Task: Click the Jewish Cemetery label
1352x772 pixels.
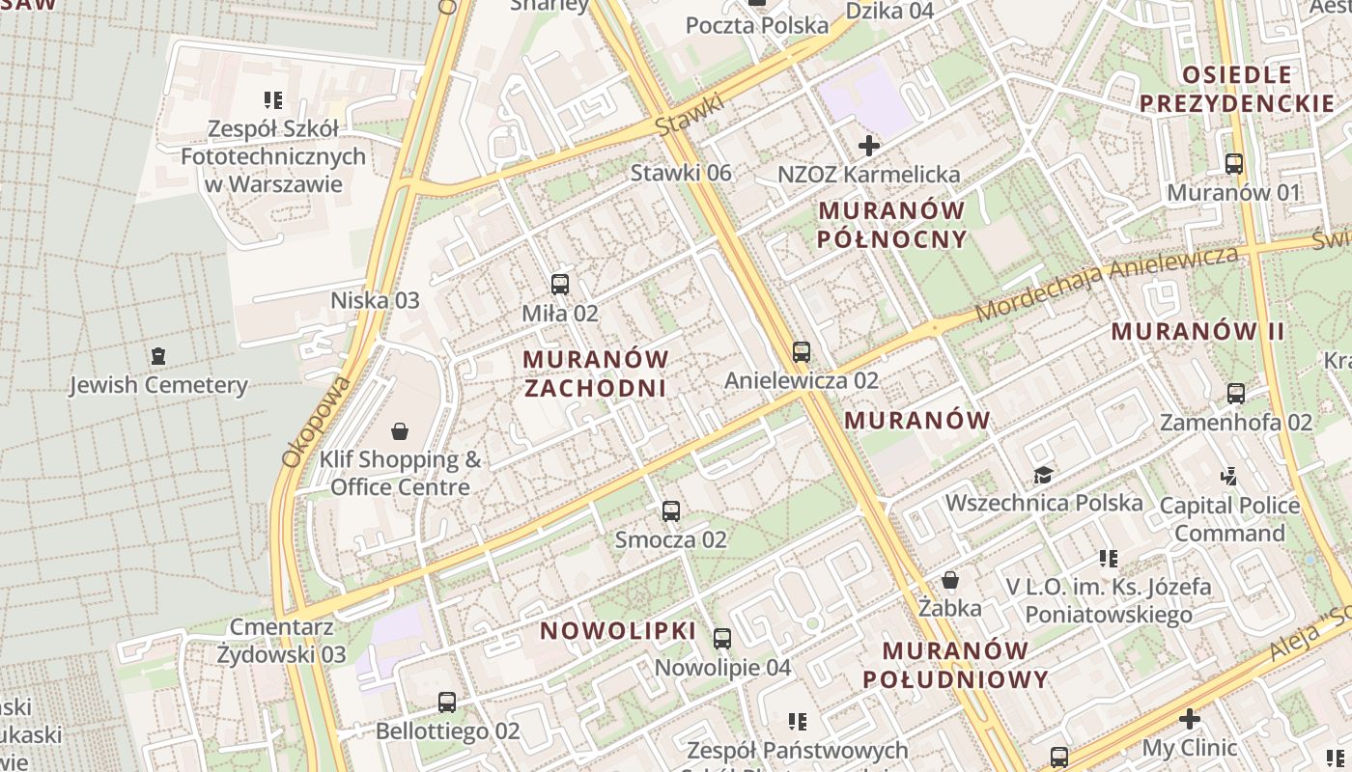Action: point(158,385)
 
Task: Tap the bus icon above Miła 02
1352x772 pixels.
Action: point(560,285)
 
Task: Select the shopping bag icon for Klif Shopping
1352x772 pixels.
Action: point(400,431)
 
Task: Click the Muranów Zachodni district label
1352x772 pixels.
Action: point(595,373)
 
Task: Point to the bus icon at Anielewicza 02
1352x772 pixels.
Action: point(802,352)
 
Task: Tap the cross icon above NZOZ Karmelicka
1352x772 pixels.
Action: point(869,147)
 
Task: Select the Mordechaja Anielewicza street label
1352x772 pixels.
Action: point(1107,284)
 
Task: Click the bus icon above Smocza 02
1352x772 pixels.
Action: point(671,511)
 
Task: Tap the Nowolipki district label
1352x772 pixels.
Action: point(618,631)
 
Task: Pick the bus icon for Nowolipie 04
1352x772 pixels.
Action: point(722,639)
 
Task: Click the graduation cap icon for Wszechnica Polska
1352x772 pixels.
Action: point(1043,475)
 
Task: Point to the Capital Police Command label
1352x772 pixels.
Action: point(1229,519)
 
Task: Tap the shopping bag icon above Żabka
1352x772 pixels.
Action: point(950,580)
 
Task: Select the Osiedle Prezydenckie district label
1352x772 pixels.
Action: point(1237,89)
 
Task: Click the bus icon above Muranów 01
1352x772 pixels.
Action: point(1234,164)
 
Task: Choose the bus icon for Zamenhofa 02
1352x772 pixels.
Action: point(1236,394)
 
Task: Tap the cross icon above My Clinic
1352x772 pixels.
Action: point(1190,719)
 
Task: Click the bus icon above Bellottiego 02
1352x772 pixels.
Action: point(447,703)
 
